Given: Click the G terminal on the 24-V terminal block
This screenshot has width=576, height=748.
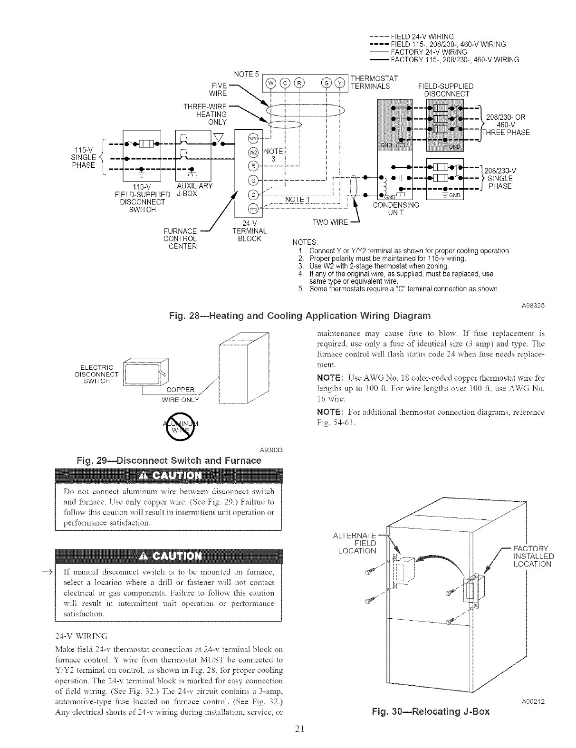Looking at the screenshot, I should [253, 180].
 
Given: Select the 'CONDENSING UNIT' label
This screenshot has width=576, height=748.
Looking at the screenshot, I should [396, 209].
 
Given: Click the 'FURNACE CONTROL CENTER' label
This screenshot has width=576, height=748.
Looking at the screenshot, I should [180, 239].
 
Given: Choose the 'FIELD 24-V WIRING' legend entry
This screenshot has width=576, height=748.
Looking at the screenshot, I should [422, 37].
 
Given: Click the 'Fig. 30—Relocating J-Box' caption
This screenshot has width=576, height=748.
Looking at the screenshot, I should [431, 712].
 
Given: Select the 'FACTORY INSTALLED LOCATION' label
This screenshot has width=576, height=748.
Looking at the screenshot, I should [533, 556].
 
